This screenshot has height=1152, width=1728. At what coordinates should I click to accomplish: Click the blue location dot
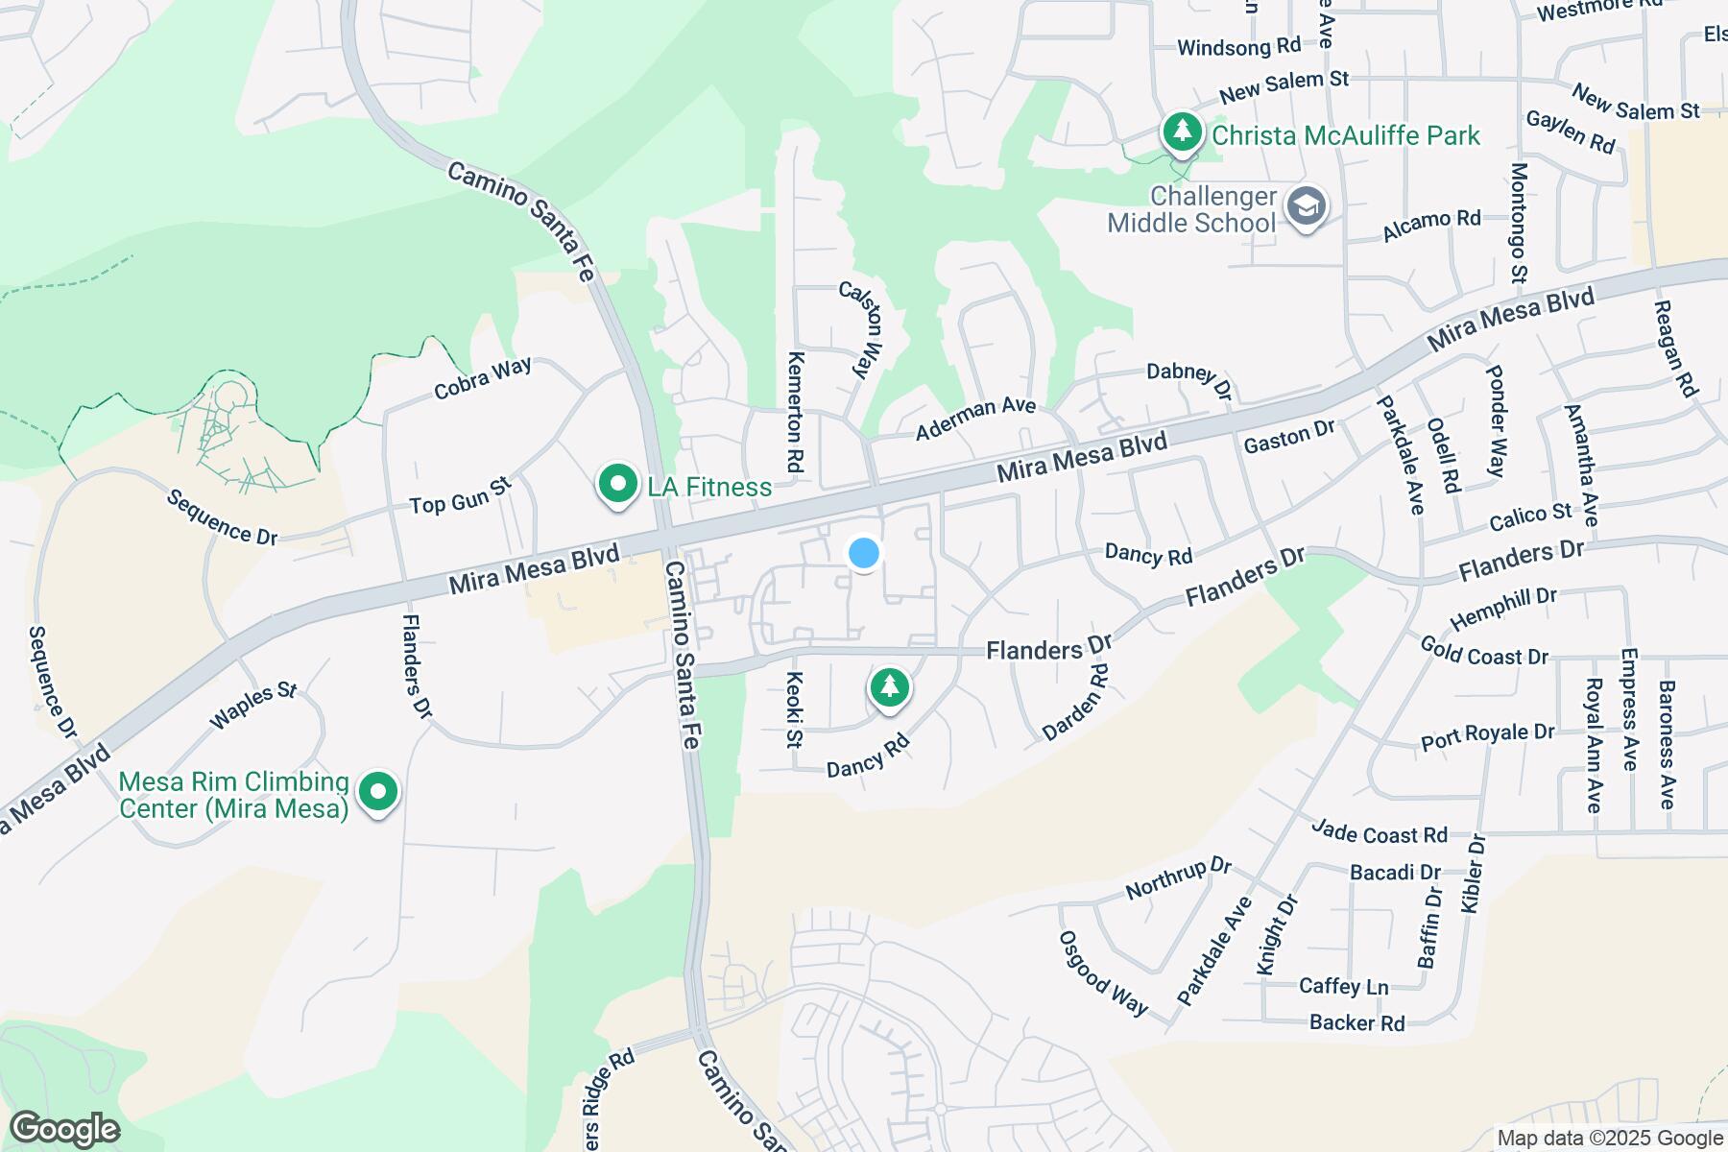tap(864, 553)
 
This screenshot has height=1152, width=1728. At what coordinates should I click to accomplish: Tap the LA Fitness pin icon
tap(618, 485)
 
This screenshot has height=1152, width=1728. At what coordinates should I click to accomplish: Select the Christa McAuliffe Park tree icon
tap(1182, 132)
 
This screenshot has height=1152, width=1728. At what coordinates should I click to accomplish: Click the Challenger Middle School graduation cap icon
tap(1306, 207)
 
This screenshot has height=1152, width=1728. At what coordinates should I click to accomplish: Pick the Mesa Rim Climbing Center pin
tap(378, 793)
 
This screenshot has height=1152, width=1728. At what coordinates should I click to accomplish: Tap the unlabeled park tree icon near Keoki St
tap(889, 687)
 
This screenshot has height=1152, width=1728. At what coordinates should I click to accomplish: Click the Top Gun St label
tap(459, 496)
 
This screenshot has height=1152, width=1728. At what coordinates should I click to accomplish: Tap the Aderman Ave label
tap(975, 419)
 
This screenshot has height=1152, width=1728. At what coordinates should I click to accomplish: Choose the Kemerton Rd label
tap(795, 411)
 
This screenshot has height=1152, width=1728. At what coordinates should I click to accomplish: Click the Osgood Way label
tap(1103, 972)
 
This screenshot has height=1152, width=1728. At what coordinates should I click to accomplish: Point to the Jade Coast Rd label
tap(1379, 831)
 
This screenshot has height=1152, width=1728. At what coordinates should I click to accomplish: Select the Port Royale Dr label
tap(1487, 736)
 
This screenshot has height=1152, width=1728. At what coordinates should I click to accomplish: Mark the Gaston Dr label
tap(1288, 438)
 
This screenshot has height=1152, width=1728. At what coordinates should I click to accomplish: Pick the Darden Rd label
tap(1075, 703)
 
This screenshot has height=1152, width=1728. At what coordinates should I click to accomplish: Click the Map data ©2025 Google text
tap(1610, 1139)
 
